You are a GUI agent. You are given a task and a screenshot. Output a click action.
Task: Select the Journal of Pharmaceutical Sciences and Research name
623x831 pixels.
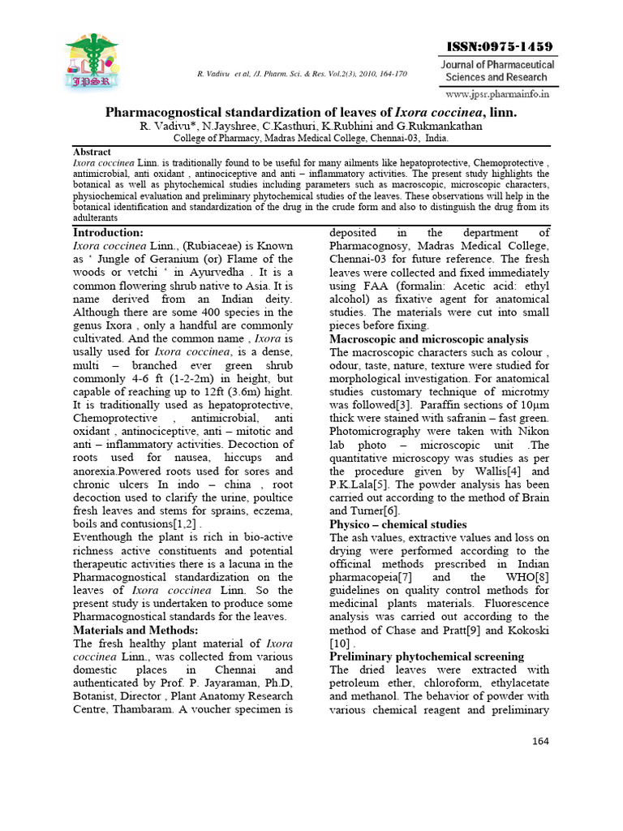(x=497, y=71)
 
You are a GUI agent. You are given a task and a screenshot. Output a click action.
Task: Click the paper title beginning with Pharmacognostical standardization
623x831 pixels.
(x=311, y=113)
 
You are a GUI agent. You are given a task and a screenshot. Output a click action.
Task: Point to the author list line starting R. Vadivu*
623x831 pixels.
(x=311, y=127)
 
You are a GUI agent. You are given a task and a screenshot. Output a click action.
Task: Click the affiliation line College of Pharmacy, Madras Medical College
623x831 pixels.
(x=311, y=139)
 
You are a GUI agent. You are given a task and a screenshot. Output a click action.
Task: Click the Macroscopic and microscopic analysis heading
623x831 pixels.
(x=428, y=339)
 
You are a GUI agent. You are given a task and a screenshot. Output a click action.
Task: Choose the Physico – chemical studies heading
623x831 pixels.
(x=397, y=524)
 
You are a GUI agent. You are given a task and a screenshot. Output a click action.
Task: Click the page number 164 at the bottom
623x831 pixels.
(x=540, y=742)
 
